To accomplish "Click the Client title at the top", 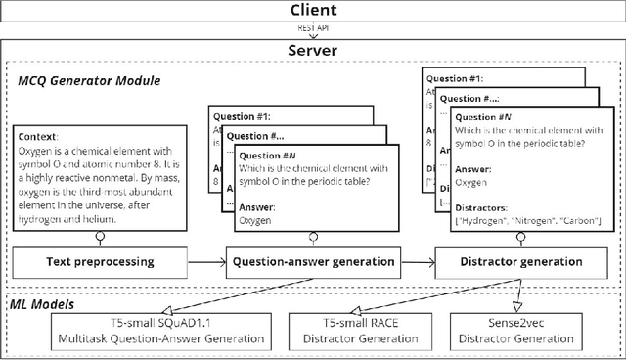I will (313, 11).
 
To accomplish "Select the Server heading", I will (313, 50).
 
